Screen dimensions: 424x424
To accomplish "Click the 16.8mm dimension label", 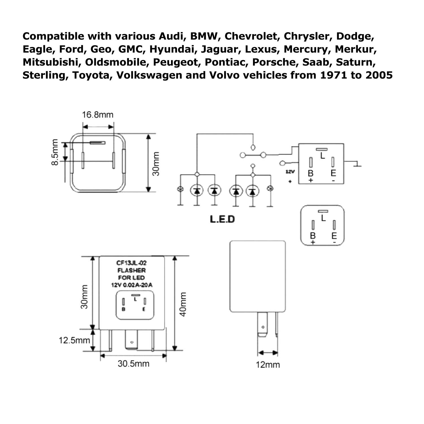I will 98,115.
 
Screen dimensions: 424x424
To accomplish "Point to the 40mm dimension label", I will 183,304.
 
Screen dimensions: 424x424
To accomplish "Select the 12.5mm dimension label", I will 74,340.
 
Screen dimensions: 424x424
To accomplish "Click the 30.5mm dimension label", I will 133,363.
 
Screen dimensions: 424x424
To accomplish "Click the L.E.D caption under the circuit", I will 222,219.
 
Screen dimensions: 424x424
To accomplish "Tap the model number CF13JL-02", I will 131,263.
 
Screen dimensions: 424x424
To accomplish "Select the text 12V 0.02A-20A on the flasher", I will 131,285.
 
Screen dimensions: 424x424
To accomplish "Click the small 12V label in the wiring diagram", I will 290,172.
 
